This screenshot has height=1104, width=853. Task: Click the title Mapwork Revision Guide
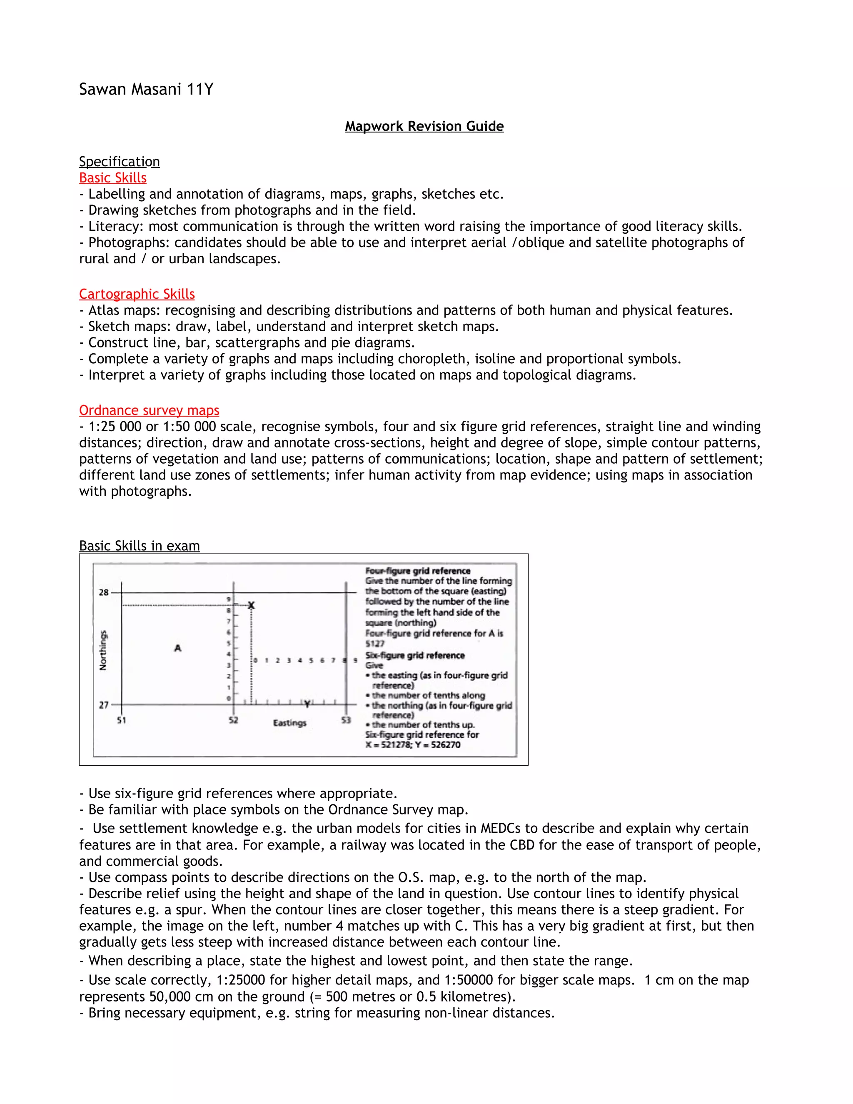[x=424, y=126]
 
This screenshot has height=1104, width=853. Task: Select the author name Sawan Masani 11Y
[x=146, y=90]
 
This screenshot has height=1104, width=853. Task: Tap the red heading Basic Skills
[x=113, y=178]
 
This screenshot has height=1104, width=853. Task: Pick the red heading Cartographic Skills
[x=137, y=294]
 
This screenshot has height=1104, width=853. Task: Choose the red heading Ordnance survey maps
[x=149, y=410]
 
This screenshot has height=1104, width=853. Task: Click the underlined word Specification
[x=119, y=162]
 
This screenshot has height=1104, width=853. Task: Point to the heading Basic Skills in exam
[x=140, y=546]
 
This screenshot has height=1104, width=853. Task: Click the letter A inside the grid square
[x=177, y=648]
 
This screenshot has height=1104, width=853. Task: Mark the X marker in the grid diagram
[x=252, y=605]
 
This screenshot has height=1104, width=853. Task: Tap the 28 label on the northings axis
[x=104, y=592]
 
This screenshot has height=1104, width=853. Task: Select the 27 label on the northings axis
[x=104, y=704]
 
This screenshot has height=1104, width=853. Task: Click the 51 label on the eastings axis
[x=121, y=720]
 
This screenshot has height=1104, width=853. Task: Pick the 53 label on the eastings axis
[x=346, y=720]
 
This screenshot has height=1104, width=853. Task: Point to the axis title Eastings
[x=289, y=723]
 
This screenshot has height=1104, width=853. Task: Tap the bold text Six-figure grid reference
[x=415, y=656]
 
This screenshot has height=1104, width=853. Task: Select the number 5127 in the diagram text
[x=375, y=644]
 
